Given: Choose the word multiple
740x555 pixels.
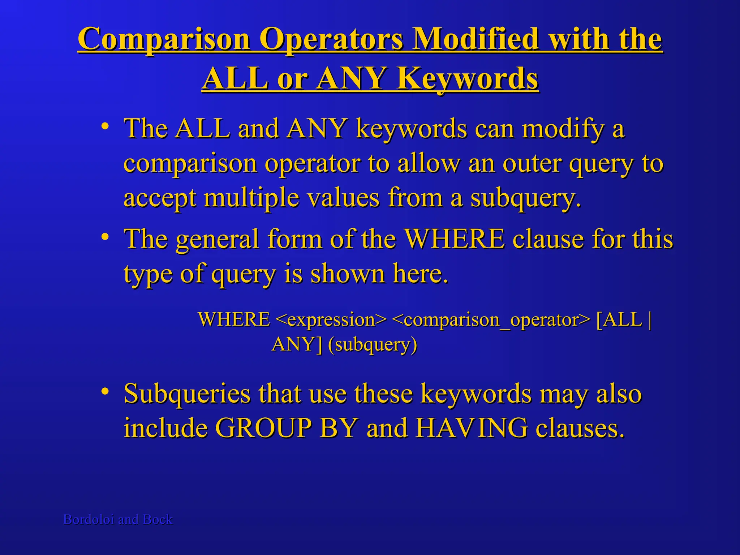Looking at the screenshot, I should (x=251, y=198).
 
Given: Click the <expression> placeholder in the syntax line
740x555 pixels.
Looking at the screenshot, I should (x=331, y=320).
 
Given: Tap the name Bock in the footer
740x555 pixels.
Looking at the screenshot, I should (x=158, y=520).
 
